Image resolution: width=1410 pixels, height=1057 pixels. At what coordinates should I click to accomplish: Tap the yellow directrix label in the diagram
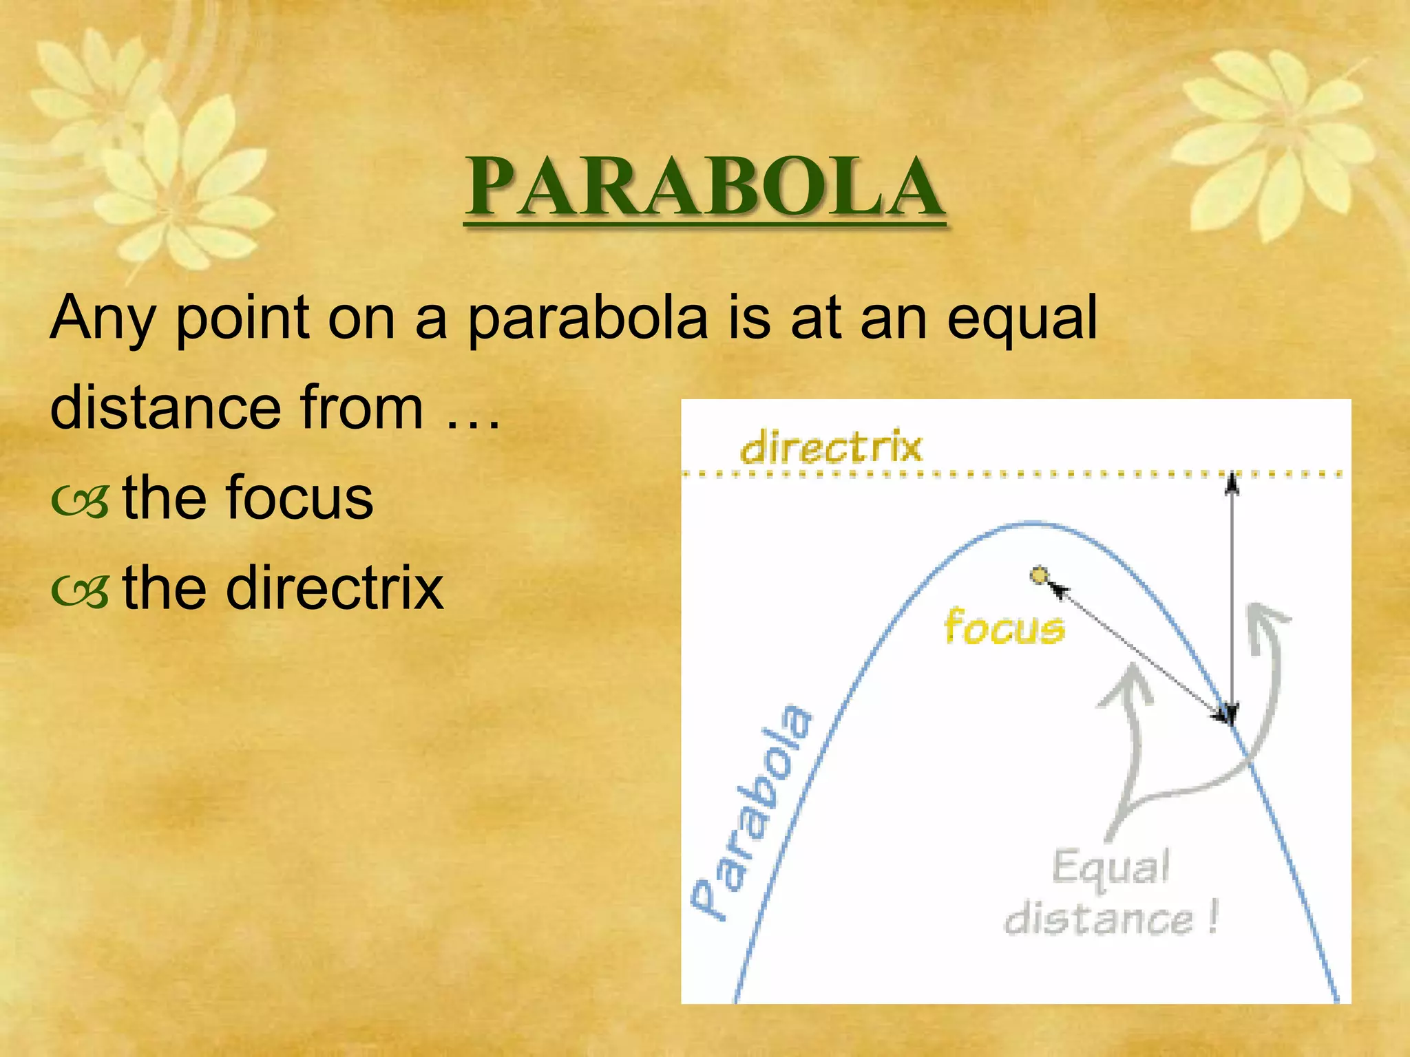click(x=830, y=447)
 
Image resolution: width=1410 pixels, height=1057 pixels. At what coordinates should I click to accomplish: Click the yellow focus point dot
click(x=1039, y=575)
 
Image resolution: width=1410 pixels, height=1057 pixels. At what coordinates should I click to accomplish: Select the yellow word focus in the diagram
click(x=1004, y=627)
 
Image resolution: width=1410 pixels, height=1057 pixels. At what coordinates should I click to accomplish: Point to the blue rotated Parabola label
click(x=752, y=812)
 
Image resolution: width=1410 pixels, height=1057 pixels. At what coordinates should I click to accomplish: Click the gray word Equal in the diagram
click(x=1110, y=867)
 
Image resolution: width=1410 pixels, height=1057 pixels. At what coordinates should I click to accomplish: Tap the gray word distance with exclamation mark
click(x=1110, y=919)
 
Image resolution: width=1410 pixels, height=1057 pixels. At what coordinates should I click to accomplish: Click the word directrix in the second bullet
click(x=335, y=588)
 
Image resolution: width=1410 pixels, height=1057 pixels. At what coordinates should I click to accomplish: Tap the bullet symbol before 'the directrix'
click(x=80, y=592)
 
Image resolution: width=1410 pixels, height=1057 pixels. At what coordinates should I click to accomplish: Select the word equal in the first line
click(x=1022, y=320)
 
